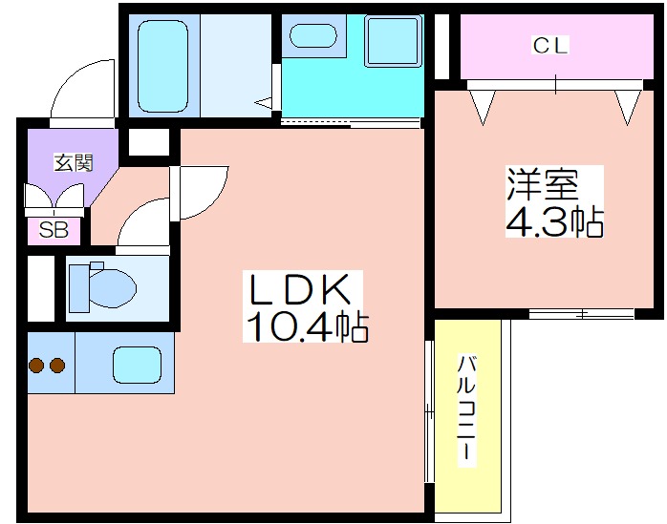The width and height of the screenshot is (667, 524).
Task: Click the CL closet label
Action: (x=550, y=46)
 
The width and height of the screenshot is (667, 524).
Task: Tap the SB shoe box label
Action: (x=54, y=230)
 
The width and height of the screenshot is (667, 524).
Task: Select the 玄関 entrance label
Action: (x=74, y=163)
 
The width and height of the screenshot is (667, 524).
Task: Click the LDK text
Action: (x=300, y=289)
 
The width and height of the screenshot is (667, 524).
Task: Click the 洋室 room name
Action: (x=542, y=184)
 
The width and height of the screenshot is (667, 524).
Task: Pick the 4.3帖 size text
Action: (x=554, y=221)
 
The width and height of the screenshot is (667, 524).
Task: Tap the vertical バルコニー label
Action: (x=466, y=411)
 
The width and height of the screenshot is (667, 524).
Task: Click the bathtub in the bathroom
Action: (x=162, y=66)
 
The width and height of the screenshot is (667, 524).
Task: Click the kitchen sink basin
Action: (x=137, y=365)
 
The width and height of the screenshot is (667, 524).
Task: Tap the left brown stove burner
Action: (x=36, y=365)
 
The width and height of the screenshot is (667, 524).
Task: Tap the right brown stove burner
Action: (x=57, y=365)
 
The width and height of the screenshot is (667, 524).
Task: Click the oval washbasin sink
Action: (x=313, y=35)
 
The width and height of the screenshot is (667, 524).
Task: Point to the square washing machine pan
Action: (x=394, y=41)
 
